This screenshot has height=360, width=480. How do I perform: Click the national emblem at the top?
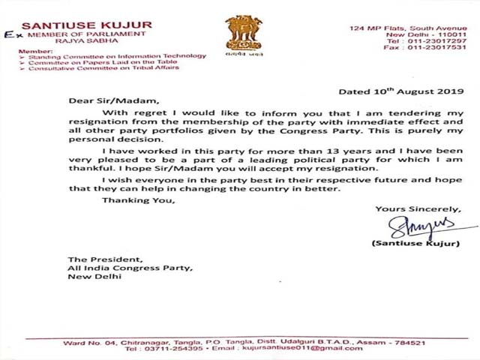pos(244,36)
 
